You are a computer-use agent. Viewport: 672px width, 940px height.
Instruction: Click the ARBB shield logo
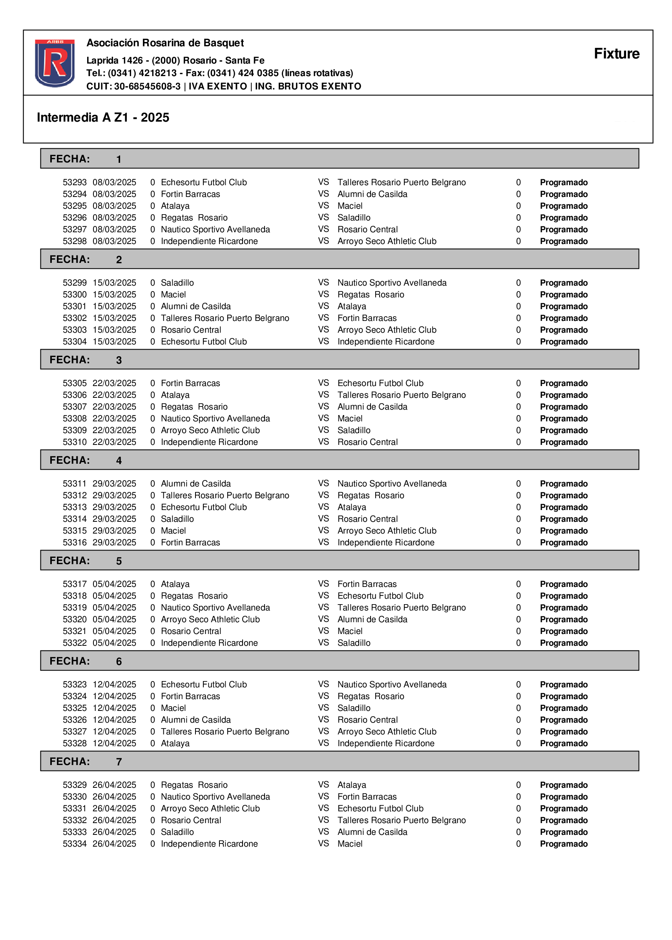tap(55, 63)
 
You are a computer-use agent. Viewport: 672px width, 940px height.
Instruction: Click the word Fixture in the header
tap(616, 54)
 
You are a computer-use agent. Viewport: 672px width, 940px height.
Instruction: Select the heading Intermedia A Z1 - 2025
tap(103, 117)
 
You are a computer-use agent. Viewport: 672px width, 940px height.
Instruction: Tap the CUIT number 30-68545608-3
tap(147, 86)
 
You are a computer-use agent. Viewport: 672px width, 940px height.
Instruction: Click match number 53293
tap(75, 182)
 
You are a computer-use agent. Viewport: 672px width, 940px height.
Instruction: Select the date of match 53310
tap(114, 442)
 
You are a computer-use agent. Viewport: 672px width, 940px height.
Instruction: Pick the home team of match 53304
tap(204, 342)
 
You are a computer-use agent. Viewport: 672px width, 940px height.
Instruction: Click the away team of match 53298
tap(387, 241)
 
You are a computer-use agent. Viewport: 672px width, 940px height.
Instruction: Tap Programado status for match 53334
tap(563, 843)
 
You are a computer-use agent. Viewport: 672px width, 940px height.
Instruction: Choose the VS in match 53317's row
tap(323, 583)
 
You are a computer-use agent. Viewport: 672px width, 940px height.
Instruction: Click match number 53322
tap(75, 643)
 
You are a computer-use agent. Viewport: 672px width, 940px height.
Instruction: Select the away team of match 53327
tap(387, 732)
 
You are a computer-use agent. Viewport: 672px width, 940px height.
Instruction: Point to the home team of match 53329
tap(194, 785)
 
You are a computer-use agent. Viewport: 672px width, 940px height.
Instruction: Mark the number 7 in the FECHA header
tap(119, 762)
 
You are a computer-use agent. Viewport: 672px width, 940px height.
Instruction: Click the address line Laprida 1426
tap(175, 60)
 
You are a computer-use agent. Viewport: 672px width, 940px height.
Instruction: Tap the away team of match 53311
tap(392, 483)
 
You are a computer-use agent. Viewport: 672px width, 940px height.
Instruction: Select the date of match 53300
tap(114, 295)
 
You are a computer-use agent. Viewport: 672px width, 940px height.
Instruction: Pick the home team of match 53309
tap(210, 430)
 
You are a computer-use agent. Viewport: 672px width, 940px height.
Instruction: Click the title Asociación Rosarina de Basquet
tap(165, 43)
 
